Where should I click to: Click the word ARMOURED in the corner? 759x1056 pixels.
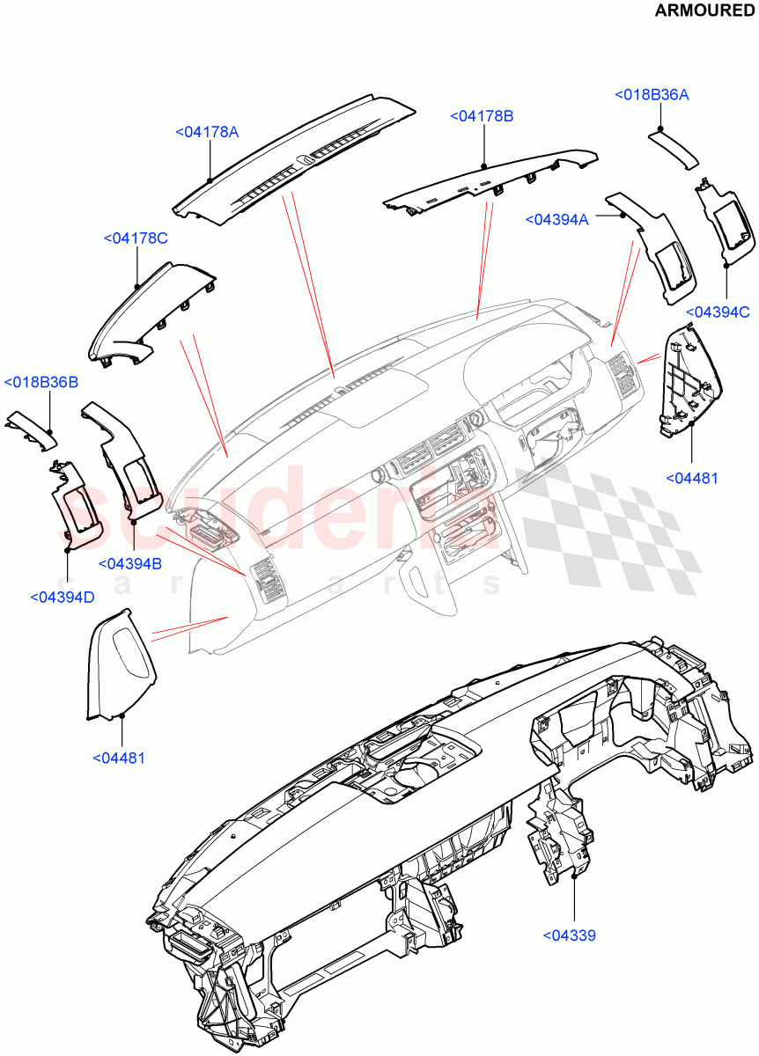pyautogui.click(x=704, y=11)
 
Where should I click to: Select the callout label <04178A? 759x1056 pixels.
pyautogui.click(x=207, y=132)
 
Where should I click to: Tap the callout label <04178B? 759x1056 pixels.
pyautogui.click(x=482, y=116)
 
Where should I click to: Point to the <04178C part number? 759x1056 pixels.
pyautogui.click(x=136, y=238)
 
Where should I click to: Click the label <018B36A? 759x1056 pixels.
pyautogui.click(x=652, y=95)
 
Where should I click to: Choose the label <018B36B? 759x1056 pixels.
pyautogui.click(x=41, y=383)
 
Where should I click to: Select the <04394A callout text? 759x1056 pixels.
pyautogui.click(x=556, y=220)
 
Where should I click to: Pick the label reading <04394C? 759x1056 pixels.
pyautogui.click(x=717, y=312)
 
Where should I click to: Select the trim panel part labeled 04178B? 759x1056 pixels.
pyautogui.click(x=493, y=180)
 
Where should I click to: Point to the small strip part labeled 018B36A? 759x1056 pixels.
pyautogui.click(x=674, y=146)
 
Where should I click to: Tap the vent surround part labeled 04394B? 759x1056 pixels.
pyautogui.click(x=128, y=462)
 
